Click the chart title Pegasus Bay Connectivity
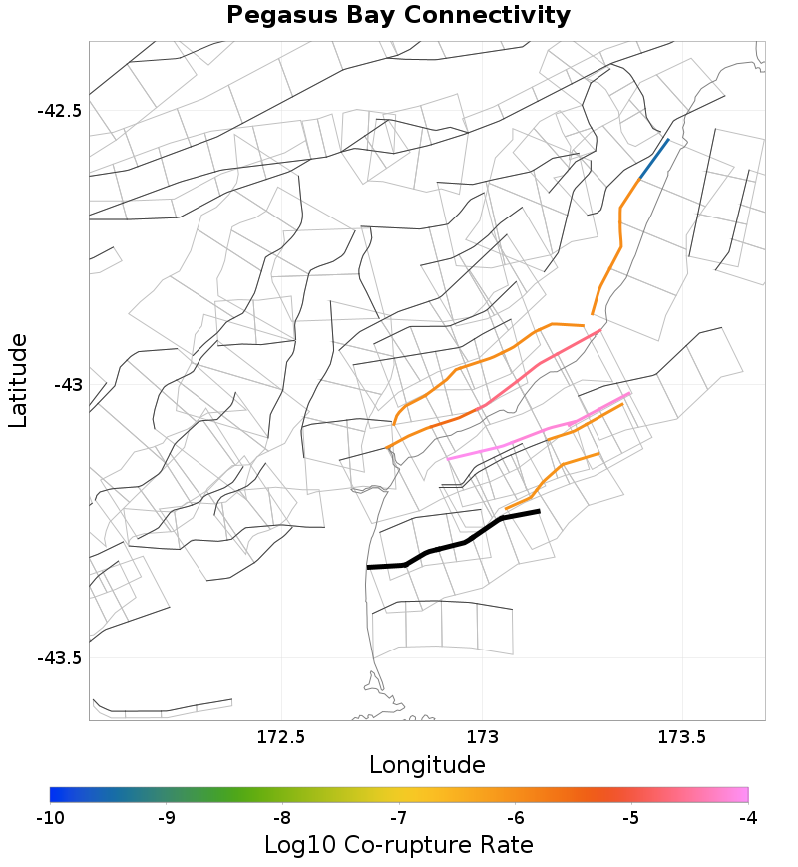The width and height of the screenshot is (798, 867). (398, 16)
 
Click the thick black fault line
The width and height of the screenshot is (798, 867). (466, 542)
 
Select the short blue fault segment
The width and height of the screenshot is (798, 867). (654, 159)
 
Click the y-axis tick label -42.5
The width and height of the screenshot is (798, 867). (59, 110)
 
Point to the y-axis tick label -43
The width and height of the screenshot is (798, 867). (67, 384)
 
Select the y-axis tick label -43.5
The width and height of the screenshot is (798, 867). (59, 658)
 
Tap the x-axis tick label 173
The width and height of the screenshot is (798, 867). (482, 738)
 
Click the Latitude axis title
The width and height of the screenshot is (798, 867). (18, 381)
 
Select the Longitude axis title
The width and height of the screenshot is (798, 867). (427, 765)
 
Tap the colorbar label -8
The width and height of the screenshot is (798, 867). (282, 818)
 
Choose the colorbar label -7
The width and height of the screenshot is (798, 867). (399, 818)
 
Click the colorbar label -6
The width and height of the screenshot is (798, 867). (515, 818)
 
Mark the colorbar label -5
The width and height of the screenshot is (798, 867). (631, 818)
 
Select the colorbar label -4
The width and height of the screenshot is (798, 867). (747, 818)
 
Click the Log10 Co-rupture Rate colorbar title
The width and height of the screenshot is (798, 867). (399, 845)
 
